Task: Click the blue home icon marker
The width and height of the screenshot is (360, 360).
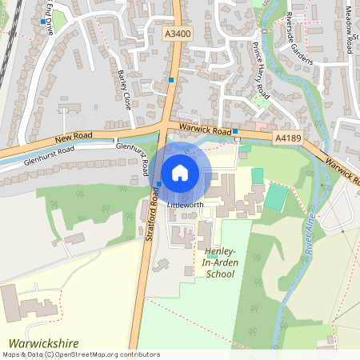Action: click(180, 172)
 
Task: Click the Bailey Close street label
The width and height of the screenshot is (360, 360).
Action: click(124, 89)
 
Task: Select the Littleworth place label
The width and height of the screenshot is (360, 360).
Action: click(186, 206)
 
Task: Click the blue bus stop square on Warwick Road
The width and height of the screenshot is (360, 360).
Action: click(235, 131)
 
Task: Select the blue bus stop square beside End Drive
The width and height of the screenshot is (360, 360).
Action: click(42, 22)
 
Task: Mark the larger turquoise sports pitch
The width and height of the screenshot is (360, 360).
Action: click(276, 197)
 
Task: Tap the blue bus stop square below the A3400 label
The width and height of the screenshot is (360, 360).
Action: click(171, 80)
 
